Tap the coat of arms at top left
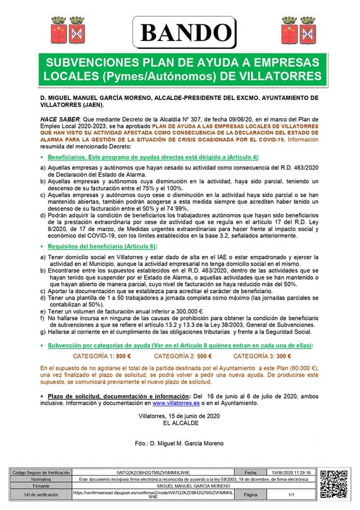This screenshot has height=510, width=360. coord(67,30)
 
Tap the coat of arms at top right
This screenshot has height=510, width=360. coord(298,30)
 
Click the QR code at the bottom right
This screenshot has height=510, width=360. coord(335,484)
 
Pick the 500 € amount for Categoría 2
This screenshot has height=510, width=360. coord(203,356)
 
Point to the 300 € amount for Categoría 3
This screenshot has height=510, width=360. coord(284,356)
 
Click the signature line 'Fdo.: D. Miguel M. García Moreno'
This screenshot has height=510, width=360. coord(179,443)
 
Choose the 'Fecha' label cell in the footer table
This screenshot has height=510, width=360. coord(251,472)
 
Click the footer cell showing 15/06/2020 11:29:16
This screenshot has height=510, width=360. coord(291,472)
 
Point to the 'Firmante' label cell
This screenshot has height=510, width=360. coord(41,486)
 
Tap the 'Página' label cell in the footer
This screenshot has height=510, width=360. coord(251,495)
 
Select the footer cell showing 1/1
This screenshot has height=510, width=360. coord(291,495)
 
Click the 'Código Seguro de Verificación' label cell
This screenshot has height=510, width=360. coord(41,472)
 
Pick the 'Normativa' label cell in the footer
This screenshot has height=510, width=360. coord(41,479)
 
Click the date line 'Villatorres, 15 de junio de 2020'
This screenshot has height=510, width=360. coord(179,416)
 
